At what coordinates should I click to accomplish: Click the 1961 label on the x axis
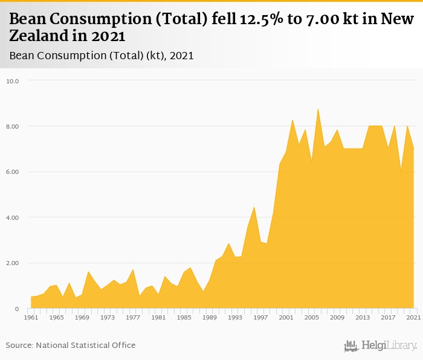31,317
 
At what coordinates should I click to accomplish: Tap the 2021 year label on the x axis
413,317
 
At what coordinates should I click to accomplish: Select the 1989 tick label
209,317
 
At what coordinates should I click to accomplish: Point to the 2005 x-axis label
311,317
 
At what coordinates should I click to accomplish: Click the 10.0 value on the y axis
13,81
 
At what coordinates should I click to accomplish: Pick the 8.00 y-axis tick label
13,126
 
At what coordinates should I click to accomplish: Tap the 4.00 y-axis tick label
13,217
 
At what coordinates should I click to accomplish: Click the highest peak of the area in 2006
318,109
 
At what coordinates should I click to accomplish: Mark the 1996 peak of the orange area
254,207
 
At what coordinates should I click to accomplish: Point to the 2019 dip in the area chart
401,172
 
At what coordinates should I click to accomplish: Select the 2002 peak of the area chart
292,120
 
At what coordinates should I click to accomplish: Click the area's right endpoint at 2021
413,149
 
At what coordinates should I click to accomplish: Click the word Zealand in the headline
41,36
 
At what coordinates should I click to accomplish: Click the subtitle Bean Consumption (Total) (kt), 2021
102,56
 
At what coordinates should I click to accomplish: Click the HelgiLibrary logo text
389,346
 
